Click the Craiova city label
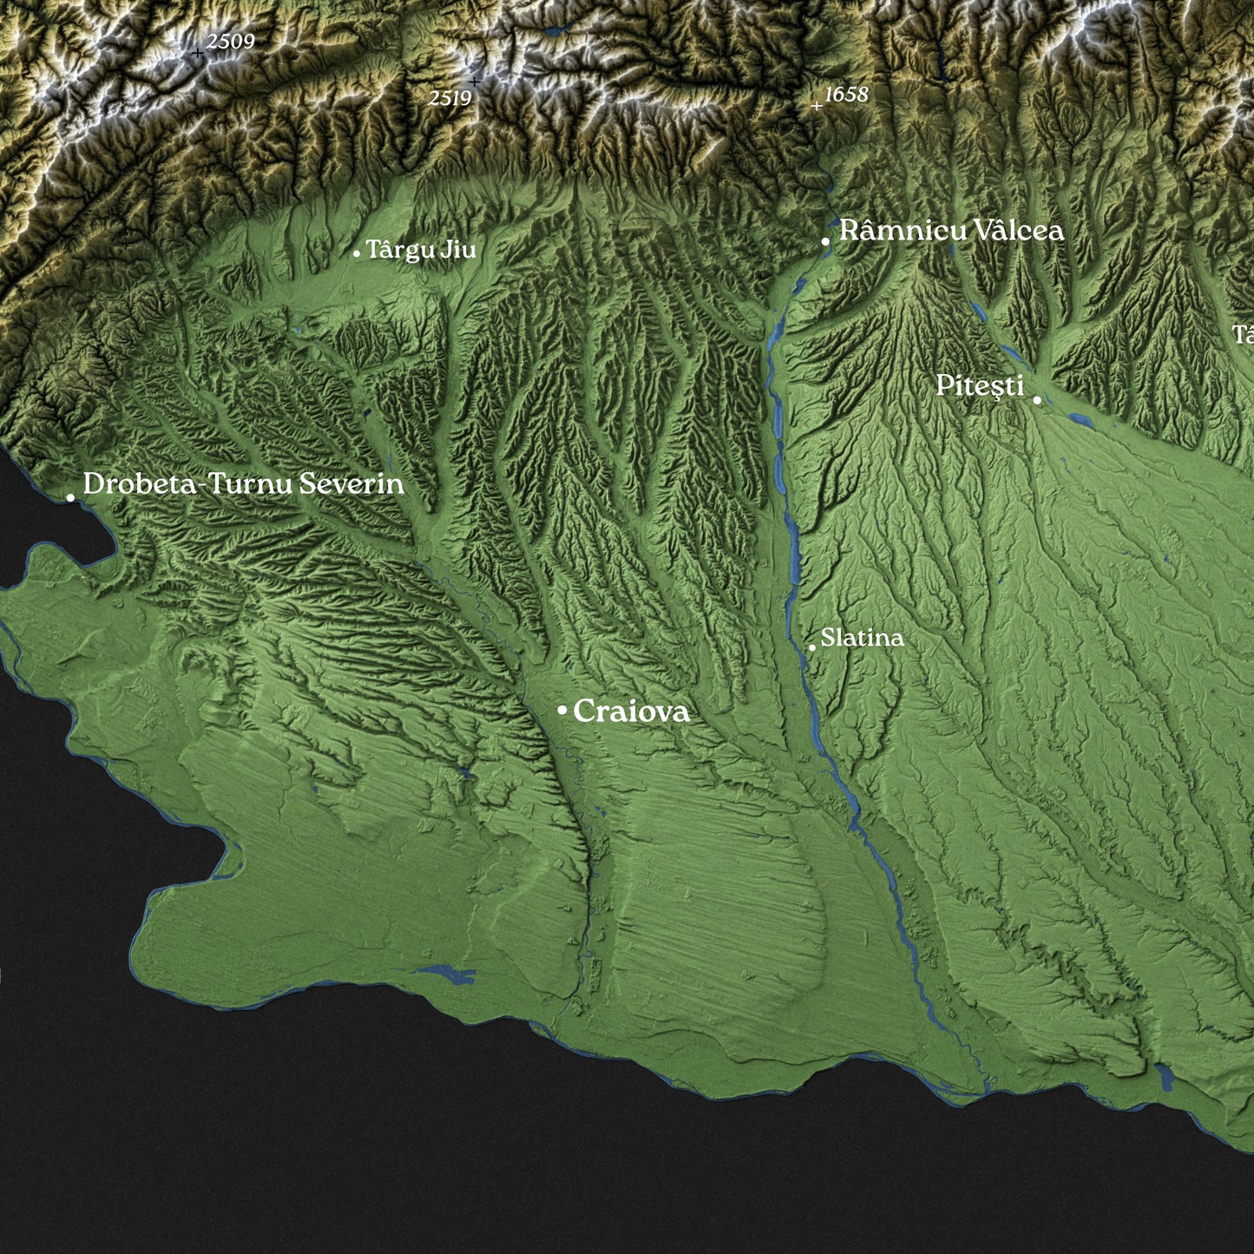tap(631, 712)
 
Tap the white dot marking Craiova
tap(562, 711)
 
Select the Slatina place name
tap(862, 638)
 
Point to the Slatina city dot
tap(812, 647)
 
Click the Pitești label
tap(980, 386)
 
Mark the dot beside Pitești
tap(1037, 400)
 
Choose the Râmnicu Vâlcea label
tap(951, 231)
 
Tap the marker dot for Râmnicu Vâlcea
tap(825, 242)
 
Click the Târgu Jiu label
tap(421, 250)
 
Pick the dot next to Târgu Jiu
tap(357, 253)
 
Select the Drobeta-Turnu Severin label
tap(243, 483)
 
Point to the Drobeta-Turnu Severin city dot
tap(70, 497)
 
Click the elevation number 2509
tap(231, 41)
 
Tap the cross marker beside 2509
tap(198, 54)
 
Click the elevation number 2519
tap(450, 98)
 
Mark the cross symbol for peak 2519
tap(475, 82)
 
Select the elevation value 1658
tap(846, 95)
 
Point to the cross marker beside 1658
tap(816, 106)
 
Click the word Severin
tap(351, 483)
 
